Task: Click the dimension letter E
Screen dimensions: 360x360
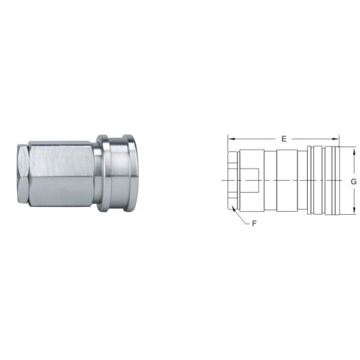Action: tap(283, 139)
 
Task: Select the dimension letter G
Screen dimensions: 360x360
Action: tap(354, 181)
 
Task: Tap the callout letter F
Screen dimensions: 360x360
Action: tap(254, 224)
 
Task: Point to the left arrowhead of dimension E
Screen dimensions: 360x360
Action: tap(229, 139)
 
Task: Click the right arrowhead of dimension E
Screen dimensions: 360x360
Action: tap(337, 139)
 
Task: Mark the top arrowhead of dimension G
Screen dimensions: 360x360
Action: tap(354, 148)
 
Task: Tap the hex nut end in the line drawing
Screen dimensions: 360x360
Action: tap(233, 180)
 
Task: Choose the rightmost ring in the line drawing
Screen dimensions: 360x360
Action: tap(331, 180)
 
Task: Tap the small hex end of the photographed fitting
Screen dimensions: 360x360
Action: tap(22, 174)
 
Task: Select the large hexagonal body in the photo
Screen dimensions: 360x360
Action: tap(60, 174)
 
